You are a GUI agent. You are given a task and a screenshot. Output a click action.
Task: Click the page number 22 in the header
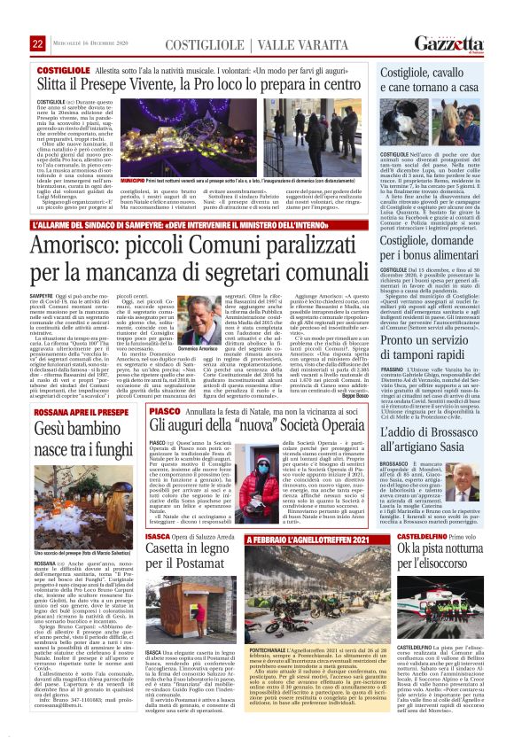[36, 19]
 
